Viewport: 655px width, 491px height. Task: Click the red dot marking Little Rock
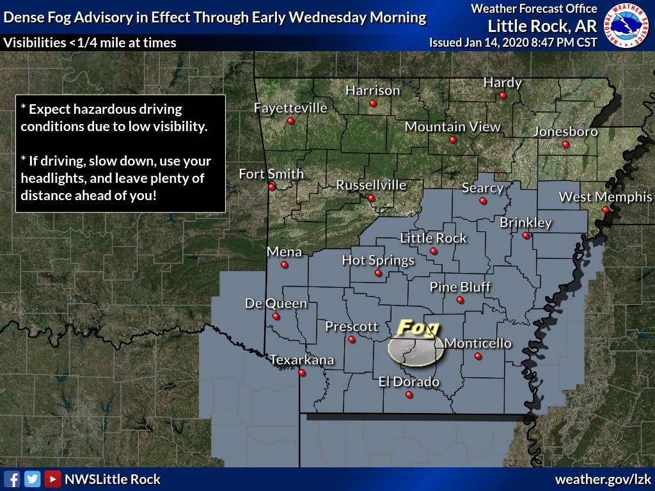coord(434,251)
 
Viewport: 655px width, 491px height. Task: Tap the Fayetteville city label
coord(290,107)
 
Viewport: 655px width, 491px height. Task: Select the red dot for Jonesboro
coord(565,144)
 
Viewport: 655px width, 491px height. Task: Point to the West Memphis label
coord(605,197)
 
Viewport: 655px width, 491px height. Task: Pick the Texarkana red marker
coord(302,373)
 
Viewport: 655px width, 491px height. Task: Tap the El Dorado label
coord(409,382)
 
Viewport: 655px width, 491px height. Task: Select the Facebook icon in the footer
coord(12,479)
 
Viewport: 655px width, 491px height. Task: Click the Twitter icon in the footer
coord(32,479)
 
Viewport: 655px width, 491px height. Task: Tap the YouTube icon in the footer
coord(52,479)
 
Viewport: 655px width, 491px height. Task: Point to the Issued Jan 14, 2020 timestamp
coord(514,43)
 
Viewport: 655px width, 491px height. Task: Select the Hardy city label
coord(502,82)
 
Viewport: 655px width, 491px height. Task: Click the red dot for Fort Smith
coord(272,187)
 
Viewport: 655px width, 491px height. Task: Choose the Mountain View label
coord(452,127)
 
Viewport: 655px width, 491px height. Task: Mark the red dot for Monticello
coord(477,356)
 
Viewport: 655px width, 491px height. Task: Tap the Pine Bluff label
coord(460,286)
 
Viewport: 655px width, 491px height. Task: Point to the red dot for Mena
coord(284,265)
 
